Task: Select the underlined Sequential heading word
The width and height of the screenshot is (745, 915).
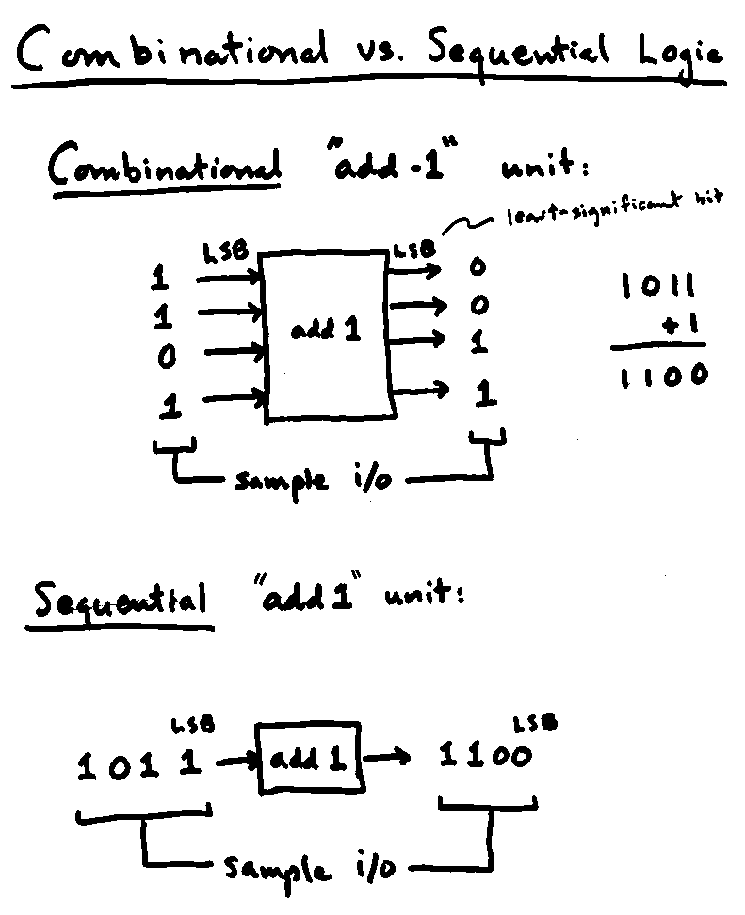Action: [120, 601]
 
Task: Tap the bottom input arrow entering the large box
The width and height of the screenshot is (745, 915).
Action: [234, 399]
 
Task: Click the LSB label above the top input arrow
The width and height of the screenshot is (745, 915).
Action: [225, 251]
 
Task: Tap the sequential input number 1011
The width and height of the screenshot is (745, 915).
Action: [140, 766]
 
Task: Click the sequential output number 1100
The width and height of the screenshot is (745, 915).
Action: [486, 757]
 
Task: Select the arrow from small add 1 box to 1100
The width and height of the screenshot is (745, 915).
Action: [387, 757]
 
